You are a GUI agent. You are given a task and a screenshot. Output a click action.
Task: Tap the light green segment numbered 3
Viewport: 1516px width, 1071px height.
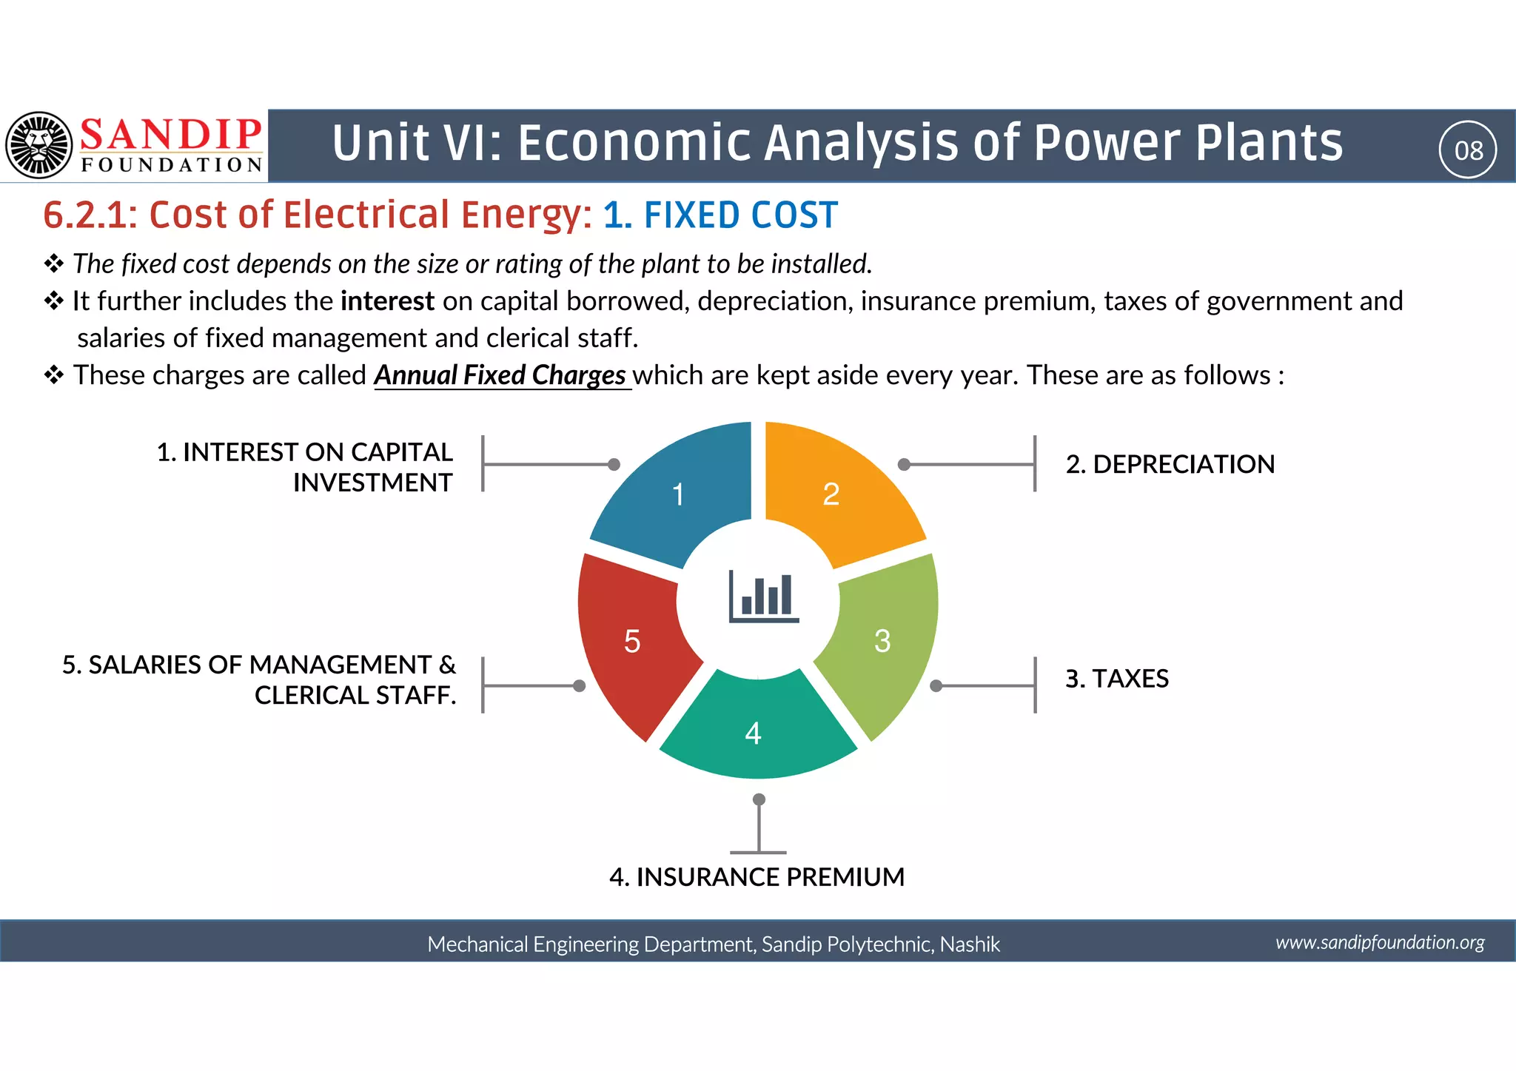(x=885, y=640)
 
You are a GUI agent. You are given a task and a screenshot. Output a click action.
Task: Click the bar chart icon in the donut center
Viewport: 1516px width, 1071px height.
(x=763, y=597)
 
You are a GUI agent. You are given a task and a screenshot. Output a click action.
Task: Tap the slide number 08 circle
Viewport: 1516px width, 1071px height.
(x=1468, y=150)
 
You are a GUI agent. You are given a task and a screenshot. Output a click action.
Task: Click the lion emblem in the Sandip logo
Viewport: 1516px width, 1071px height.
(x=38, y=145)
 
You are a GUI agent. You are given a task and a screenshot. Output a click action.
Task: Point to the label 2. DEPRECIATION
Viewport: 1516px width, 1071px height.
(x=1170, y=464)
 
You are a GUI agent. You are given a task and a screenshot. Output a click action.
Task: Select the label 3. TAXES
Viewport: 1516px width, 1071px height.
(x=1116, y=679)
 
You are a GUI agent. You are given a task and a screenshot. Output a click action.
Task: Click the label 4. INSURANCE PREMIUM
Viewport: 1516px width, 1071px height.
(x=757, y=877)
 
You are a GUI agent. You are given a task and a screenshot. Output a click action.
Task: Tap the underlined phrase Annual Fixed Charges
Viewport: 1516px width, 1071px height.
(x=501, y=375)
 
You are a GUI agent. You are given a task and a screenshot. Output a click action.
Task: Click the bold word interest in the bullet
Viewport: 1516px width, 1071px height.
(x=387, y=301)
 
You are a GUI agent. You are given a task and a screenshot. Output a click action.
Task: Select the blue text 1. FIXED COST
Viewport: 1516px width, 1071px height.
(x=720, y=215)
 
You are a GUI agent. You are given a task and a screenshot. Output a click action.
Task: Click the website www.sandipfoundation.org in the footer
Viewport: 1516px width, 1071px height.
(x=1380, y=942)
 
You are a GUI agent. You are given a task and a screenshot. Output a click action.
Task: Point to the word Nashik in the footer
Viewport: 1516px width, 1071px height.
(x=970, y=944)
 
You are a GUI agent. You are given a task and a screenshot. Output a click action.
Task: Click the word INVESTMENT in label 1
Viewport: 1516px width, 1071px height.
(x=372, y=483)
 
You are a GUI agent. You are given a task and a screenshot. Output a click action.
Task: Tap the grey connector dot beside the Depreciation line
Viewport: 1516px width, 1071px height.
(x=904, y=465)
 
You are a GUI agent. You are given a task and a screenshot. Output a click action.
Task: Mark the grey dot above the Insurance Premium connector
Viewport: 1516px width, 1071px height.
(x=759, y=799)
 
